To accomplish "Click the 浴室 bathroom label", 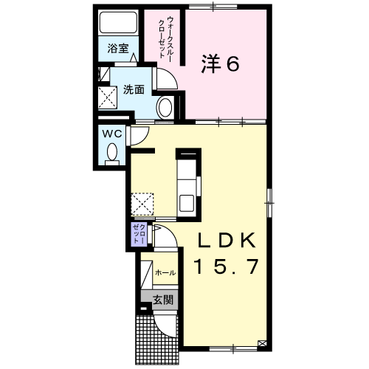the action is tap(118, 49).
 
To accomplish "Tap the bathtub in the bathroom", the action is tap(118, 22).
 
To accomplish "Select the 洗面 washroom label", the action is tap(134, 89).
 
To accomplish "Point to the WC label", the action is tap(112, 134).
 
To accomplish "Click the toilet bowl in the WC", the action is tap(112, 154).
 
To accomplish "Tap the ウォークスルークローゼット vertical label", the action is tap(165, 38).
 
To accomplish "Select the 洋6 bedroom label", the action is tap(220, 64).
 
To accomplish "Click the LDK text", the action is tap(227, 241).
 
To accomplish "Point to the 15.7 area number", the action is tap(227, 266).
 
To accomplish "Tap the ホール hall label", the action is tap(165, 272).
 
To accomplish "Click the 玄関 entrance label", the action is tap(163, 300).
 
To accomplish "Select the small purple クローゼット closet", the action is tap(139, 234).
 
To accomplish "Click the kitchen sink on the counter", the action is tap(187, 203).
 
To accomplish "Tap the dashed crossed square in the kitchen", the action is tap(142, 204).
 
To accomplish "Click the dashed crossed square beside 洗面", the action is tap(108, 97).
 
